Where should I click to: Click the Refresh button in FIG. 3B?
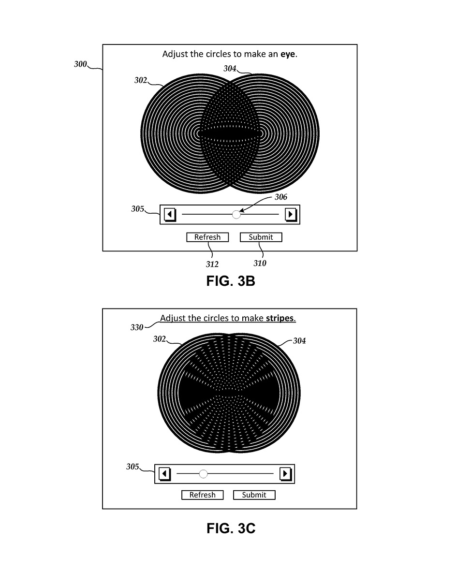(207, 237)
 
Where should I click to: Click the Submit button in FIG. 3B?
(261, 237)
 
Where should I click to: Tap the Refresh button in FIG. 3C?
(202, 495)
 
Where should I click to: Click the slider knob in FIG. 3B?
(236, 215)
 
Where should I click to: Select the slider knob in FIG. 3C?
(203, 474)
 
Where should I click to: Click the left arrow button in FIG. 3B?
(170, 215)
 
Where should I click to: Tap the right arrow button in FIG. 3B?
(290, 215)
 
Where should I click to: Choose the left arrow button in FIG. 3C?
(164, 474)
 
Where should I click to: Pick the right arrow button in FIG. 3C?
(285, 474)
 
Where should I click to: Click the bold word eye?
(288, 55)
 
